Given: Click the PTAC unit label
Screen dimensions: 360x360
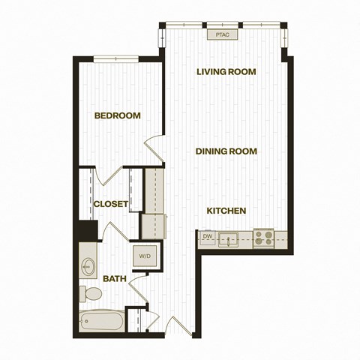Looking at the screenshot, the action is pos(222,34).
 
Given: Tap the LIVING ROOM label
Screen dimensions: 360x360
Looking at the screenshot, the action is pos(226,72).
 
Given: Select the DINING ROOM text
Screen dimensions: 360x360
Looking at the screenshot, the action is pos(226,151).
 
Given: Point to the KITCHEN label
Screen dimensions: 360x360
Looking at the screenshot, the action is pos(226,211).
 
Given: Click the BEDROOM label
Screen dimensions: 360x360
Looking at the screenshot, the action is pos(118,115).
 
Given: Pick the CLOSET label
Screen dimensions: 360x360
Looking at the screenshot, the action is pos(111,204).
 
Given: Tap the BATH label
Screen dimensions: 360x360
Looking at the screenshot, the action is pos(115,278).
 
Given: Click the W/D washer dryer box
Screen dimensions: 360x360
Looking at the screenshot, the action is pos(145,256).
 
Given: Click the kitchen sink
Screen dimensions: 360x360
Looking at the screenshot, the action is pos(228,240).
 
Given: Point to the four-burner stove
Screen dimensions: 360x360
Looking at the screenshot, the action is pos(264,238).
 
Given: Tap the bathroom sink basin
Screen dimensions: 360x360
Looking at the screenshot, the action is pos(88,267).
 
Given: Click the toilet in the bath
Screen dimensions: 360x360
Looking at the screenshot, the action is pos(91,293).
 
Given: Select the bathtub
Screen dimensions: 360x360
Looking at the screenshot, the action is pos(102,321).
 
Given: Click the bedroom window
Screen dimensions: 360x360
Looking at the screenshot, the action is pos(116,58).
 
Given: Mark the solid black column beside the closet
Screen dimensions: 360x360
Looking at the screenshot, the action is pos(88,230).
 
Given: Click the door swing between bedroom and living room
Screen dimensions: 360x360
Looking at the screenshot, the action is pos(154,148).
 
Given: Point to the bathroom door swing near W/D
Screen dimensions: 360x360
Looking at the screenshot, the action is pos(138,288).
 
